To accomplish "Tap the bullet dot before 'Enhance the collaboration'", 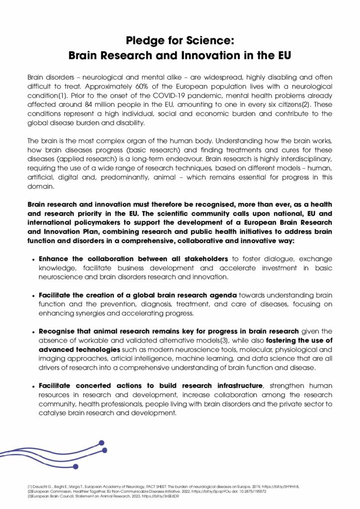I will click(33, 260).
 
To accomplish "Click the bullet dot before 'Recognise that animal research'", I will click(33, 332).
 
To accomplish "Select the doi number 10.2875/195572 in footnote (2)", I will click(250, 491).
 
